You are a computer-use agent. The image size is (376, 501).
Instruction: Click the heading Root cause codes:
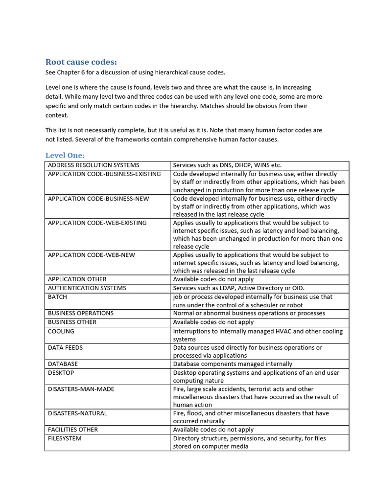pyautogui.click(x=81, y=62)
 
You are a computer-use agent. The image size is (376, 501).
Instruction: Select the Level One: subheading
pyautogui.click(x=65, y=155)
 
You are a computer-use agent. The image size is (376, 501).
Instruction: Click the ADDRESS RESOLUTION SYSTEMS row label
pyautogui.click(x=94, y=165)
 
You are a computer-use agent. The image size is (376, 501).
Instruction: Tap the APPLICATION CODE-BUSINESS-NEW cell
pyautogui.click(x=98, y=199)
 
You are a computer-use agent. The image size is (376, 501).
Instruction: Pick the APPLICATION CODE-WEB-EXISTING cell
pyautogui.click(x=97, y=223)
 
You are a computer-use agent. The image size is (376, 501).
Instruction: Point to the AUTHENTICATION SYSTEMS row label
pyautogui.click(x=87, y=288)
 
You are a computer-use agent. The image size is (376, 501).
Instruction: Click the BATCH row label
pyautogui.click(x=57, y=297)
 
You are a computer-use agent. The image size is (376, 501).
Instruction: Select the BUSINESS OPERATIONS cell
pyautogui.click(x=80, y=313)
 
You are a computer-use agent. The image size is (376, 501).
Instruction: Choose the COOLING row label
pyautogui.click(x=61, y=331)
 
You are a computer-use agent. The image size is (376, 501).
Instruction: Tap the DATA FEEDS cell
pyautogui.click(x=65, y=348)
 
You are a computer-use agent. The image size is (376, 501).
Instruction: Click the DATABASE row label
pyautogui.click(x=63, y=364)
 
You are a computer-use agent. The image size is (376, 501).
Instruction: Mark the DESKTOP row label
pyautogui.click(x=61, y=373)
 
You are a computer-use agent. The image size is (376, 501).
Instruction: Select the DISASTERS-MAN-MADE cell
pyautogui.click(x=81, y=389)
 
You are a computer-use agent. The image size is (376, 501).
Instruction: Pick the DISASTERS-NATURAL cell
pyautogui.click(x=77, y=413)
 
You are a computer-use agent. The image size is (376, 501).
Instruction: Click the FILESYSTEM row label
pyautogui.click(x=65, y=438)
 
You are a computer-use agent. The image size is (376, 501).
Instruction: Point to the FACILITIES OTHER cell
pyautogui.click(x=72, y=430)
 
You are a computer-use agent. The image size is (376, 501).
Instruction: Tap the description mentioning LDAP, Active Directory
pyautogui.click(x=242, y=288)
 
